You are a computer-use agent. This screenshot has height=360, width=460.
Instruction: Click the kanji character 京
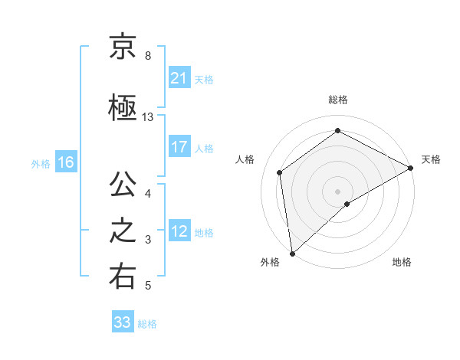coord(123,47)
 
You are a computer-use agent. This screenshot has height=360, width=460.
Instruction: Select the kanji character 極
coord(123,109)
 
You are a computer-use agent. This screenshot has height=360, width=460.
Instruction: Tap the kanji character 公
coord(123,185)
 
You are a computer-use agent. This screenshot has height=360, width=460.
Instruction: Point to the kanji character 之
coord(123,231)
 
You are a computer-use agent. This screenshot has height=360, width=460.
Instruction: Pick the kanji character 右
coord(123,277)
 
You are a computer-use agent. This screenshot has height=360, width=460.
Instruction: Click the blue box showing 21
coord(179,79)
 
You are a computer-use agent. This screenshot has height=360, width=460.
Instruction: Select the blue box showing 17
coord(179,148)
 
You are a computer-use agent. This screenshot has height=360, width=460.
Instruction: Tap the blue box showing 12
coord(179,232)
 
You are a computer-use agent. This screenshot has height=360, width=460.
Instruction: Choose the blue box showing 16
coord(66,162)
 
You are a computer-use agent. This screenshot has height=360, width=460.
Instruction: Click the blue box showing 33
coord(123,322)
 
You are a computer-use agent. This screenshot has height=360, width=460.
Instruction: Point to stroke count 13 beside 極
coord(148,117)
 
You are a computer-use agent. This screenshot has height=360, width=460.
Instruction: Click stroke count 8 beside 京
coord(147,56)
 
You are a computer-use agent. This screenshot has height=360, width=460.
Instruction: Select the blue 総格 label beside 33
coord(147,324)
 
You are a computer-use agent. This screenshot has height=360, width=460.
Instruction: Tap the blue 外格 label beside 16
coord(41,163)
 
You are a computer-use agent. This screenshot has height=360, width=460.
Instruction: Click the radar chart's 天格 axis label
coord(431,159)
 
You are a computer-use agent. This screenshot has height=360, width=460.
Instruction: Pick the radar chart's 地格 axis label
coord(402,263)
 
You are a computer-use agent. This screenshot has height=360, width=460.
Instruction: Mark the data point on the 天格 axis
coord(411,167)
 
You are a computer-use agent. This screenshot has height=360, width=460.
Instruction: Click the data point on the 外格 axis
coord(292,253)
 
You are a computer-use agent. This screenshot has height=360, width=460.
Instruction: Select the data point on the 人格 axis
coord(280,172)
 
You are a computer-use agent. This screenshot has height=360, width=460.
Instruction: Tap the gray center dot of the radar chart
coord(337,191)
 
